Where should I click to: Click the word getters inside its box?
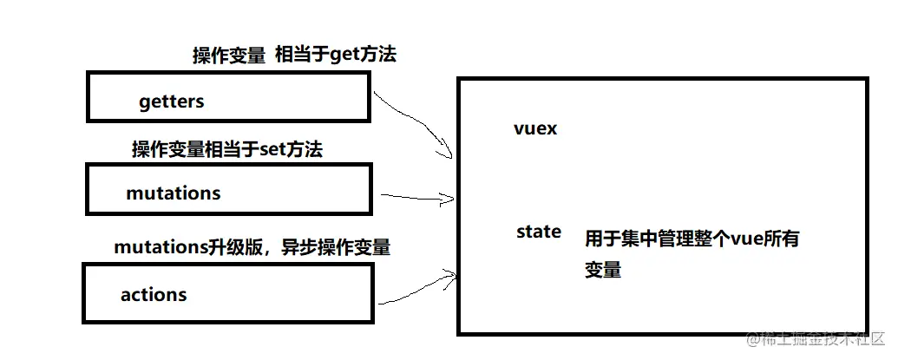(x=171, y=101)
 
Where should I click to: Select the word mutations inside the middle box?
(x=174, y=193)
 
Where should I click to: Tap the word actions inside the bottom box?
(x=154, y=294)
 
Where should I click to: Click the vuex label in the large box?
(x=534, y=128)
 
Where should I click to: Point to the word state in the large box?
(x=538, y=232)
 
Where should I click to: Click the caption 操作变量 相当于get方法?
(x=293, y=56)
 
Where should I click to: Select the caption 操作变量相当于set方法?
(x=226, y=150)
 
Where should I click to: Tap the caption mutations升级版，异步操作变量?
(x=252, y=248)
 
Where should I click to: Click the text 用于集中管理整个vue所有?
(x=692, y=239)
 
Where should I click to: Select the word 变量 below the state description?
(x=602, y=270)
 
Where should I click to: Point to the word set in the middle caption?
(x=274, y=150)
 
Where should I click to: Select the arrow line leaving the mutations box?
(x=412, y=197)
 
